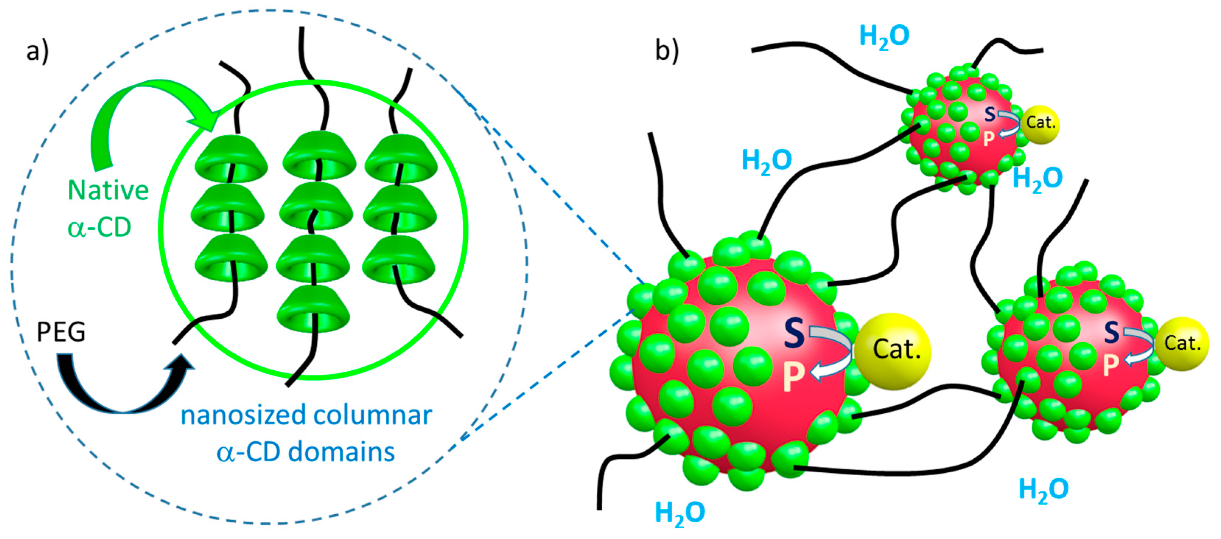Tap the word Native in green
[x=108, y=190]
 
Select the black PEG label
[x=61, y=332]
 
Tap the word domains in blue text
[x=341, y=452]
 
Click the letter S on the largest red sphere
[x=793, y=332]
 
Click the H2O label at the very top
[x=884, y=36]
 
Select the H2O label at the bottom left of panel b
[x=680, y=512]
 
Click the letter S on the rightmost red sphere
[x=1112, y=332]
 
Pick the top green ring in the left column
[x=231, y=159]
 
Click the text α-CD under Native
[x=99, y=228]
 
